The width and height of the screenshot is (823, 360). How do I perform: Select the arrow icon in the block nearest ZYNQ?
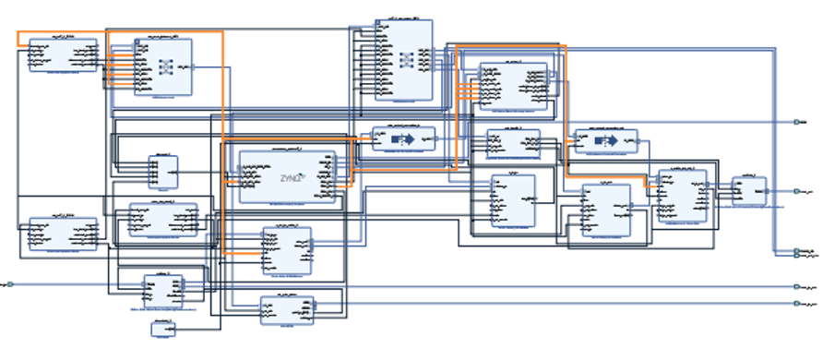tap(402, 138)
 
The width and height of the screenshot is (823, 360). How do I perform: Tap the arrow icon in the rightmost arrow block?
tap(605, 142)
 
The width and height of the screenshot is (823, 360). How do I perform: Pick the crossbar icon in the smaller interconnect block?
tap(167, 66)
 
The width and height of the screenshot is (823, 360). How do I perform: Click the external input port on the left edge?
tap(10, 284)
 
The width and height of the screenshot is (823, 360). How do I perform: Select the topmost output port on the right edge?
tap(797, 122)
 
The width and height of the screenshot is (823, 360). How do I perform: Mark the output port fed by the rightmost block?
tap(797, 191)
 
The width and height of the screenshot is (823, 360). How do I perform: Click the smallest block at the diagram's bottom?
tap(163, 329)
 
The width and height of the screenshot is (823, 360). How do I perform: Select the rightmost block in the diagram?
tap(748, 191)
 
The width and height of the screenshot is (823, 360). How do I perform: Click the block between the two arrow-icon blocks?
tap(513, 143)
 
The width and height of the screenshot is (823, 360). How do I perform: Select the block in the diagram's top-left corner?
tap(63, 54)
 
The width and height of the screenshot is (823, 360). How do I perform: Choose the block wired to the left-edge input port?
tap(162, 289)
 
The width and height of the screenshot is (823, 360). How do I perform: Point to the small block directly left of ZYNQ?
tap(162, 171)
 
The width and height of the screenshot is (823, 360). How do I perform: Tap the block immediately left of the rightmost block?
tap(682, 197)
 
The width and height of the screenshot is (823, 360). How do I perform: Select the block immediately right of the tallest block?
tap(512, 86)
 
